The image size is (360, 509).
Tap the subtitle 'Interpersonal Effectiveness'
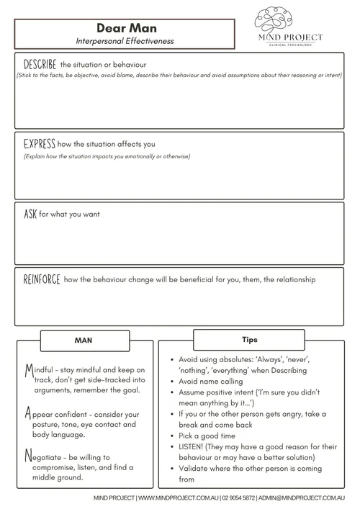tap(125, 41)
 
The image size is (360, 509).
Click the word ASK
tap(30, 214)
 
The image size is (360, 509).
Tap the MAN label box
tap(84, 338)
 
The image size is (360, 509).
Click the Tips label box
tap(251, 338)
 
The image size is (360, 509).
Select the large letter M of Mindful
tap(28, 371)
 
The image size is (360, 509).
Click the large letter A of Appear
tap(28, 415)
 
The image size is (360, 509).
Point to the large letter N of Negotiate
tap(28, 456)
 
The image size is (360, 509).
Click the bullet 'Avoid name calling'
tap(211, 382)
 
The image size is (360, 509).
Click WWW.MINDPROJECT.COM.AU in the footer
tap(178, 497)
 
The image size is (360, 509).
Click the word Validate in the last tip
tap(195, 469)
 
